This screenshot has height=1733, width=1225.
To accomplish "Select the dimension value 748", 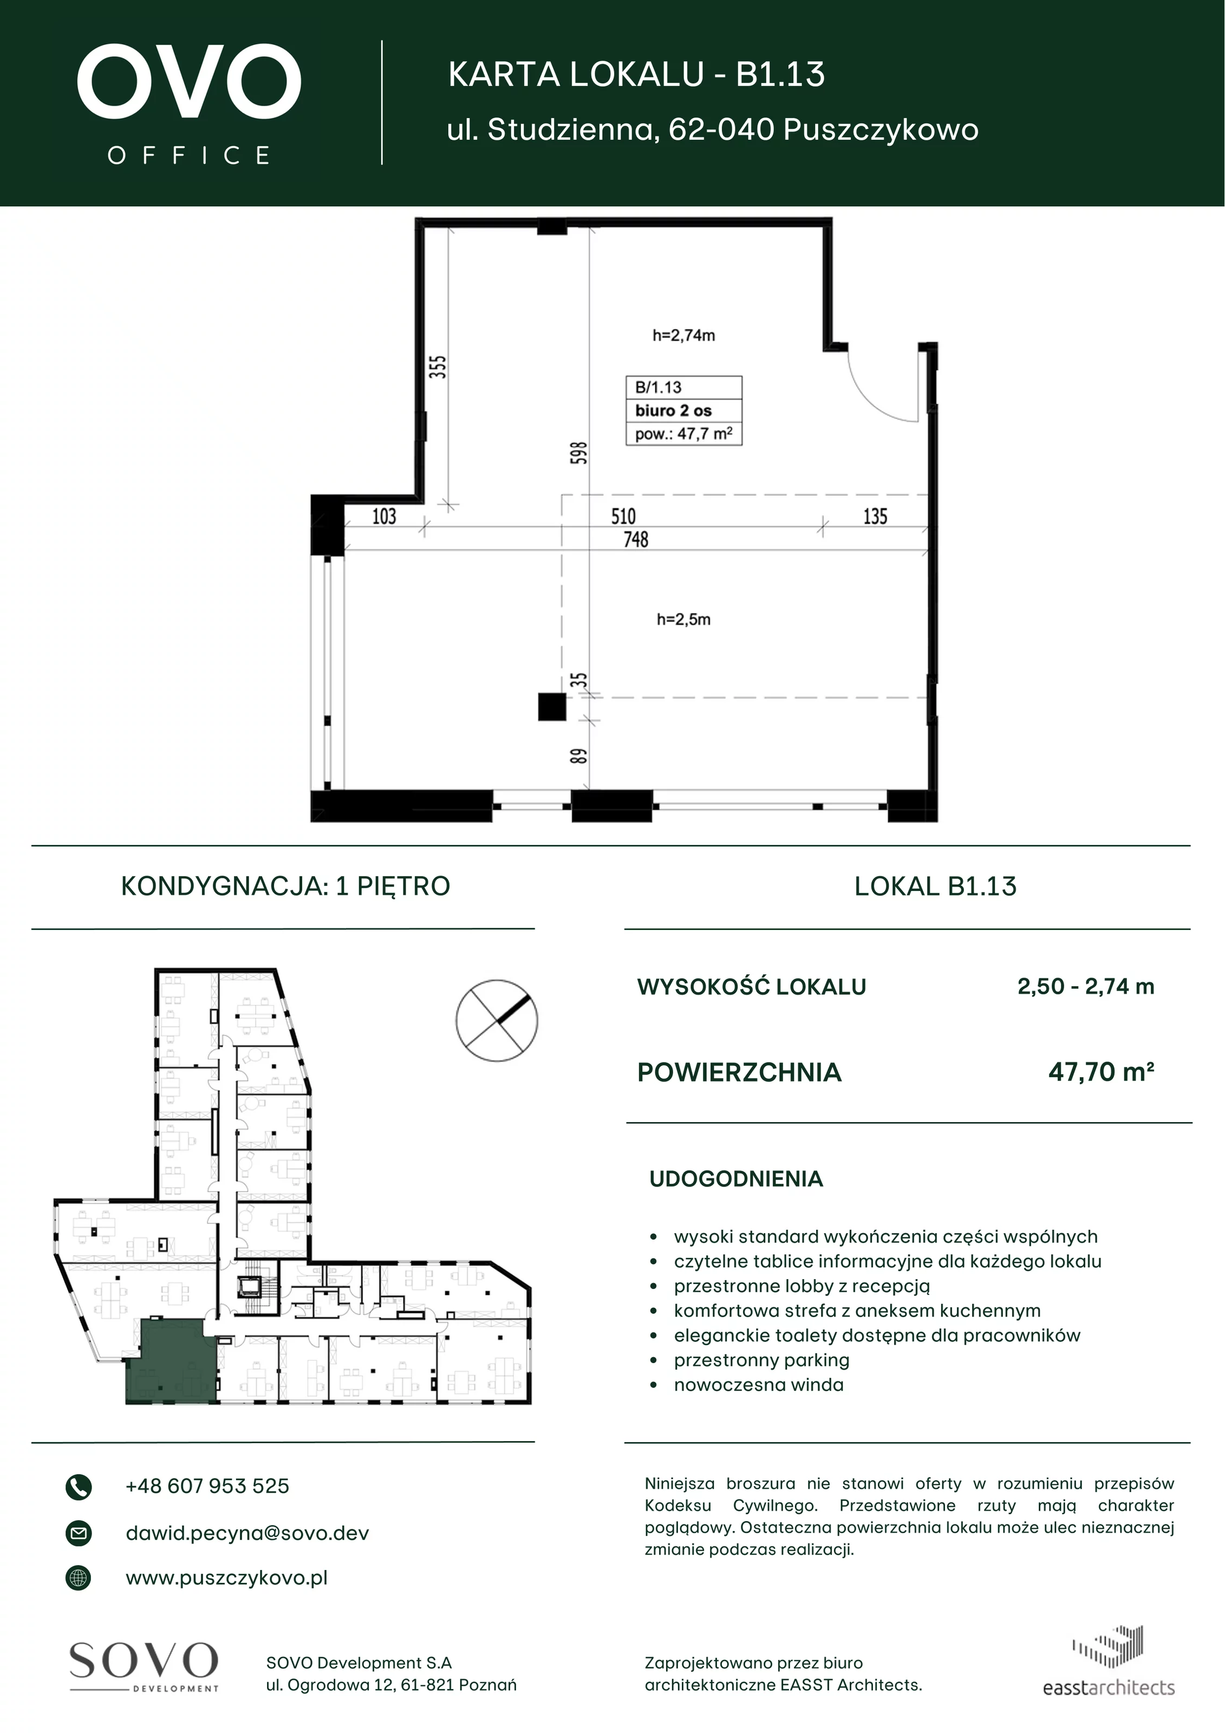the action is click(636, 539).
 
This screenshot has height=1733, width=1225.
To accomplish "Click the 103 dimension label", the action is click(384, 516).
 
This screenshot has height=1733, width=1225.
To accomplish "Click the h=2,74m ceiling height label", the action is click(684, 335).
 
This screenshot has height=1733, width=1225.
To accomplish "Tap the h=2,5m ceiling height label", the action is click(684, 620).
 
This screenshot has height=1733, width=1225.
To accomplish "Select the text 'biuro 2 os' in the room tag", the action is click(673, 411).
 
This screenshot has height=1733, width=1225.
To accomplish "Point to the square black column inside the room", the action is click(552, 707).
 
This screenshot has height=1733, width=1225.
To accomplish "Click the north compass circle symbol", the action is click(497, 1020).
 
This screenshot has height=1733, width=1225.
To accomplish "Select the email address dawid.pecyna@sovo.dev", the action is click(247, 1533).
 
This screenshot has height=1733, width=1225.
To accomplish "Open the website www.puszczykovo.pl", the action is click(226, 1578).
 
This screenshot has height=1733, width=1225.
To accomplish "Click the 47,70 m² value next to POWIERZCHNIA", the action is click(1101, 1072).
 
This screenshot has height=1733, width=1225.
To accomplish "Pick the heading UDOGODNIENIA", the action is click(736, 1179).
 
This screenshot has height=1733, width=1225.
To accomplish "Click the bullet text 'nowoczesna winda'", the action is click(759, 1385).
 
